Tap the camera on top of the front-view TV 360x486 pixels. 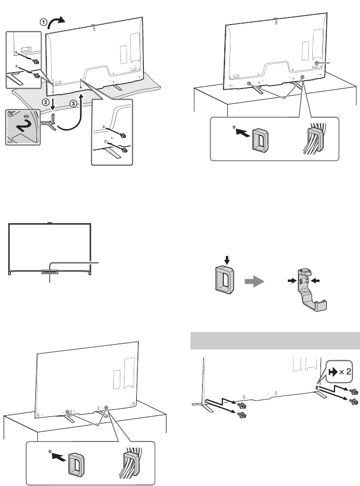[x=49, y=223]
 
